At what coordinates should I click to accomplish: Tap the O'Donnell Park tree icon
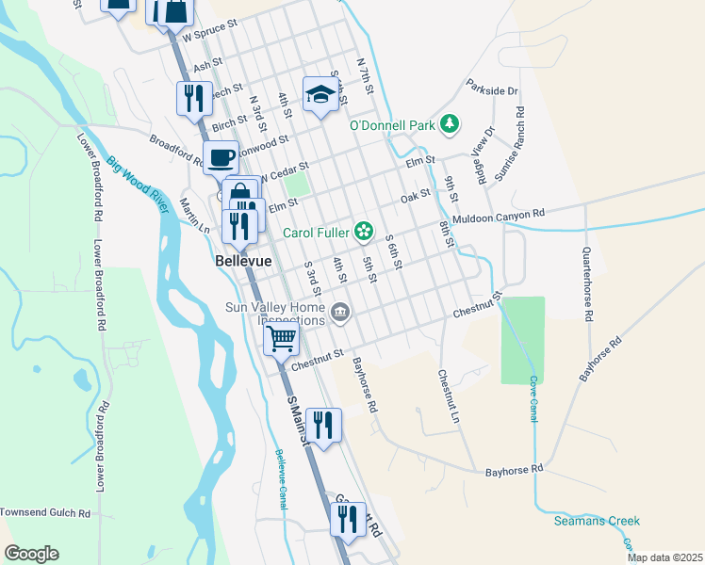click(451, 123)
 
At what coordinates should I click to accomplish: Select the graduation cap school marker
click(320, 94)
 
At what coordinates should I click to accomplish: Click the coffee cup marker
click(221, 157)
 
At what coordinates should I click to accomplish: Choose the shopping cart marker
click(281, 337)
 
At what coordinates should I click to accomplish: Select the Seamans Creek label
click(597, 521)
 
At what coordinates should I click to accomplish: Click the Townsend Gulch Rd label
click(44, 513)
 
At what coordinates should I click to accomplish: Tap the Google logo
click(31, 554)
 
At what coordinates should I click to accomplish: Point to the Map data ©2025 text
click(664, 557)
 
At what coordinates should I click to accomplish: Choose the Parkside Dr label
click(492, 91)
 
